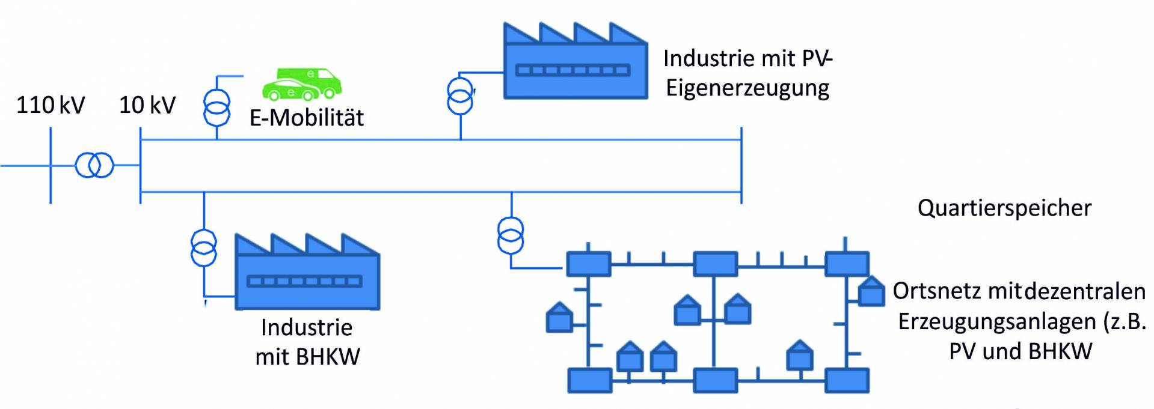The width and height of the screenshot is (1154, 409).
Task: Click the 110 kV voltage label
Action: (x=51, y=105)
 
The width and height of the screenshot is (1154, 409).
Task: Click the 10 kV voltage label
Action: (x=147, y=105)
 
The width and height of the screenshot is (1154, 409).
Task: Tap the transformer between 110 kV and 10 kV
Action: (x=94, y=165)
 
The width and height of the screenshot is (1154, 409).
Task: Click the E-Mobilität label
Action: (x=307, y=118)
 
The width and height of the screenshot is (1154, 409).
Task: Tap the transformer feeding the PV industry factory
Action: (x=461, y=95)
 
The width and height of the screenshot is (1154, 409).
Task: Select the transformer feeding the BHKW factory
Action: (x=204, y=247)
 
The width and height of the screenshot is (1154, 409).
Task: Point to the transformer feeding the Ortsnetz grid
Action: (x=511, y=235)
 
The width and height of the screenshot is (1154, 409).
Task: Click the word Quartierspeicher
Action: (x=1004, y=208)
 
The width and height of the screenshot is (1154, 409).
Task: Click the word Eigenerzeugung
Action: (x=747, y=88)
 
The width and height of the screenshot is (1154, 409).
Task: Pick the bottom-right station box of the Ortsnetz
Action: (x=847, y=381)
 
